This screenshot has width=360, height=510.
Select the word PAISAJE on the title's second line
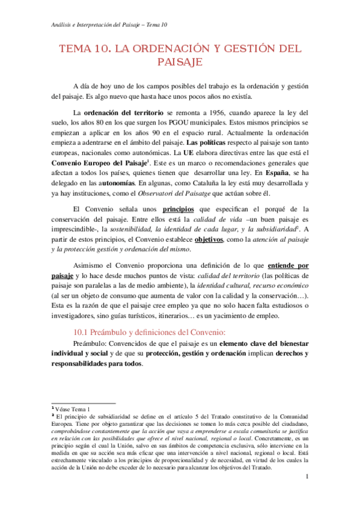coord(179,62)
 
